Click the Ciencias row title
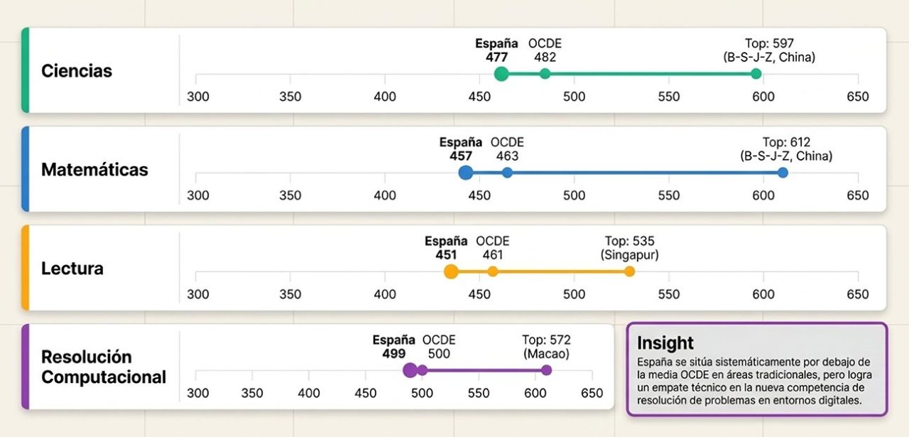click(x=77, y=71)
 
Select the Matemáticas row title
click(x=94, y=170)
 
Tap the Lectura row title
click(x=72, y=269)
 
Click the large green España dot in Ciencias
click(x=501, y=74)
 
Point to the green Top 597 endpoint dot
click(x=756, y=74)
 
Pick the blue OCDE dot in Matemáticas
click(x=507, y=173)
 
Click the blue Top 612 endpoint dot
click(x=783, y=173)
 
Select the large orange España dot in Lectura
click(x=451, y=271)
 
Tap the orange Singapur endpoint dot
click(x=629, y=271)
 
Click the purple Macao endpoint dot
click(x=547, y=370)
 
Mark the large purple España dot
click(x=410, y=370)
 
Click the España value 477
click(x=496, y=58)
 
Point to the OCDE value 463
click(x=507, y=156)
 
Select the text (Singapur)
click(x=629, y=255)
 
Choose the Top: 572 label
click(x=546, y=340)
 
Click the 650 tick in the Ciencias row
click(x=857, y=97)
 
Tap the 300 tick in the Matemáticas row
click(x=198, y=195)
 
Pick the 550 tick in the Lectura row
click(x=669, y=294)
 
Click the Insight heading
click(x=665, y=343)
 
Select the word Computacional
click(x=104, y=377)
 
